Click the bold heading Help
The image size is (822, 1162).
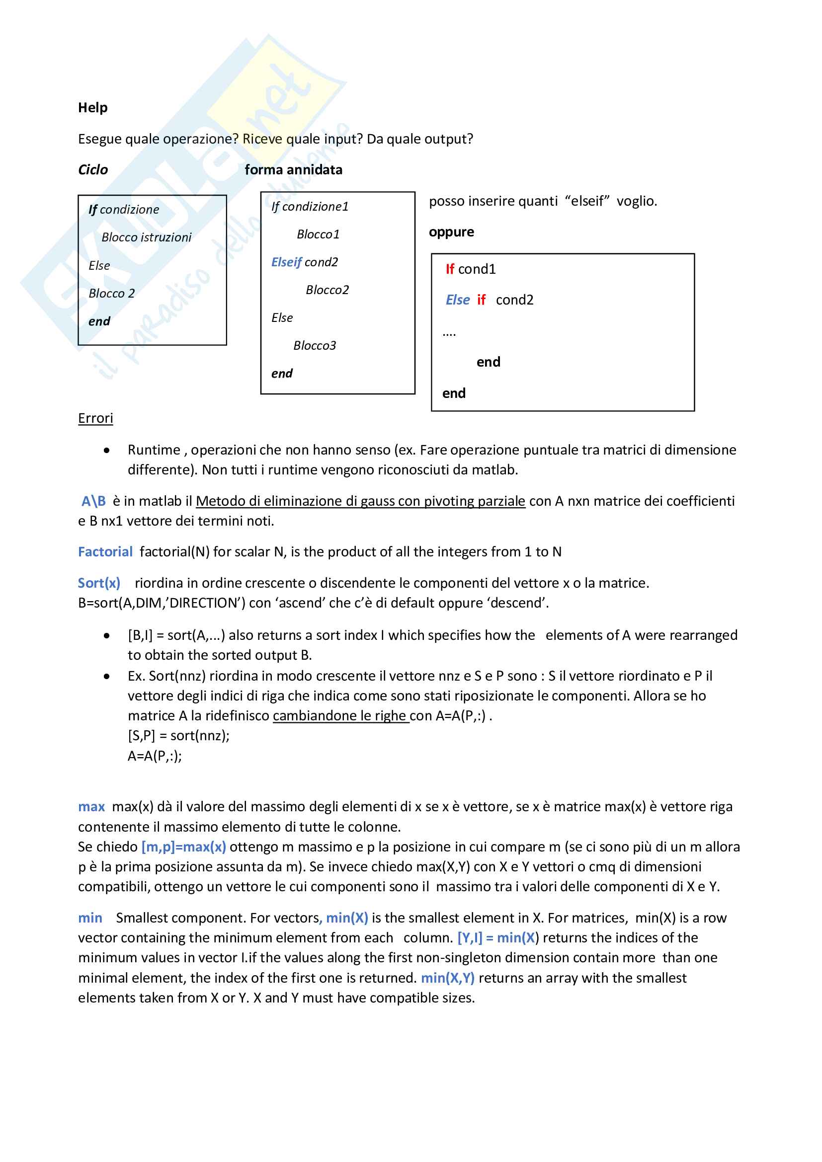coord(92,107)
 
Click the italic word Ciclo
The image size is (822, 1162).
coord(92,169)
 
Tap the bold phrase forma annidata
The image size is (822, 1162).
coord(293,169)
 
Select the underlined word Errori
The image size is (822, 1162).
coord(95,418)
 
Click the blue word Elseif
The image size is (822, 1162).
coord(286,262)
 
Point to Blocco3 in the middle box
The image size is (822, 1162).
coord(314,346)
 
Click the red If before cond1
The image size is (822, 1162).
coord(449,269)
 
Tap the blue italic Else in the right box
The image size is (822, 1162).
coord(458,300)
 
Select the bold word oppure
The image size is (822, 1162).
coord(451,232)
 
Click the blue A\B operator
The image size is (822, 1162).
coord(93,501)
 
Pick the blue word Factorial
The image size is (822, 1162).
coord(105,551)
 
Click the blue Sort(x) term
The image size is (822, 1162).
coord(99,583)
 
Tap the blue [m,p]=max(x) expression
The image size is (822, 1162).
coord(184,847)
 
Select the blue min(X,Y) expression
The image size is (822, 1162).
coord(447,978)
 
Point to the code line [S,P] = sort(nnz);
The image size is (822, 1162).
coord(178,735)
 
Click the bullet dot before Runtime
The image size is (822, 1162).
coord(106,450)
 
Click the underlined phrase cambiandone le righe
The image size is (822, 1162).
coord(340,715)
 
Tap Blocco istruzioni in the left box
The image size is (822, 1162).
coord(146,237)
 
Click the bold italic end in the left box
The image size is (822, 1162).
coord(99,321)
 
